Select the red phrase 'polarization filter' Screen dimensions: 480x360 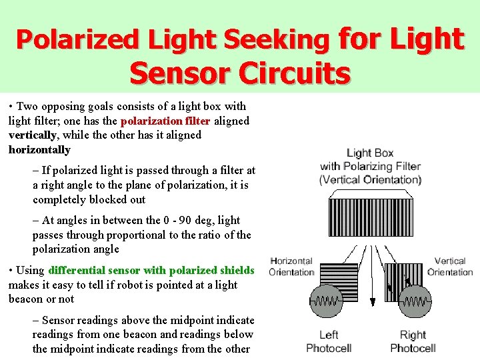[x=165, y=121]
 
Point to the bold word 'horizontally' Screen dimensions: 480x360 [x=39, y=150]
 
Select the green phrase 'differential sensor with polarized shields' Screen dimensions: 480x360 [x=151, y=270]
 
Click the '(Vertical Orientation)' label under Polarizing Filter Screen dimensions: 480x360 [x=370, y=179]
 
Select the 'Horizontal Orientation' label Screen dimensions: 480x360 [x=291, y=267]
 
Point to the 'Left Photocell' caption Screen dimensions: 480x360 [x=328, y=341]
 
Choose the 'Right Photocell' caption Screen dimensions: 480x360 [x=413, y=341]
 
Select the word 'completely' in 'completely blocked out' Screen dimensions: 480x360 [x=61, y=199]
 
